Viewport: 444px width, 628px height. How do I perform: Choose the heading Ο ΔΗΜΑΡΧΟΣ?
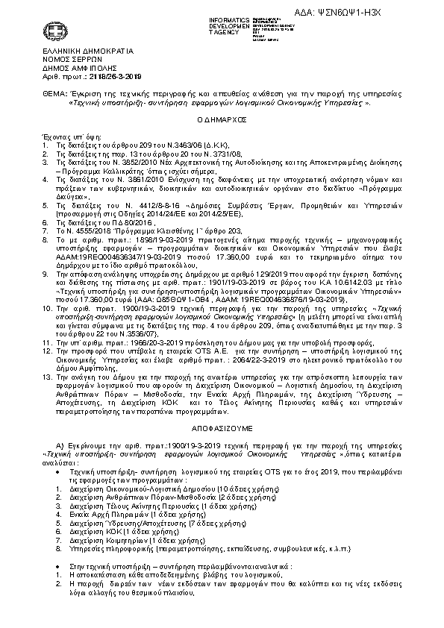tap(222, 119)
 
